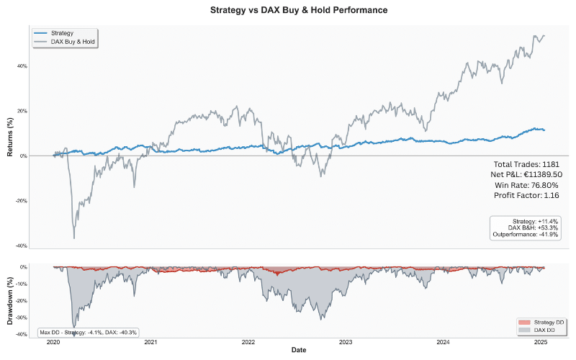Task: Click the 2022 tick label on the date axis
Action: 248,343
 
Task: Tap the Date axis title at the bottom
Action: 298,350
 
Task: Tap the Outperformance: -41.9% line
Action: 525,235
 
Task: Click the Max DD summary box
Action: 87,332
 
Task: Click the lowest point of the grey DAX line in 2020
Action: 74,238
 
